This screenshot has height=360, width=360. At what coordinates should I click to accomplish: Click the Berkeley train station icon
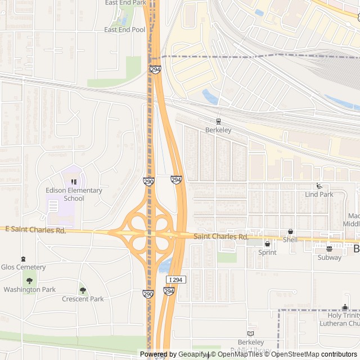tap(218, 121)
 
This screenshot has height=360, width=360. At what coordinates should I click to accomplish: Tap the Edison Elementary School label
tap(74, 194)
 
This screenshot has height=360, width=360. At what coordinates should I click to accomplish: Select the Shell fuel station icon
tap(290, 231)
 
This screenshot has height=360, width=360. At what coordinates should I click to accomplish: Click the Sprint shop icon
tap(267, 244)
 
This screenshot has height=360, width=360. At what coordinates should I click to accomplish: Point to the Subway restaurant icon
tap(330, 249)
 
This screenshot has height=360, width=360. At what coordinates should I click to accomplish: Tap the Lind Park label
tap(319, 195)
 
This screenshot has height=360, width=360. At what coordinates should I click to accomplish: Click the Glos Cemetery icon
tap(23, 259)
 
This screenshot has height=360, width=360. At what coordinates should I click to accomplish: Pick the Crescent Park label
tap(83, 299)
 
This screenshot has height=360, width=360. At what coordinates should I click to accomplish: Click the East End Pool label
tap(125, 30)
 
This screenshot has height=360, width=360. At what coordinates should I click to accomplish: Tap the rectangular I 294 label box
tap(176, 280)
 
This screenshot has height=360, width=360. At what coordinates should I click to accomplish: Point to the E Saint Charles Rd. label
tap(35, 229)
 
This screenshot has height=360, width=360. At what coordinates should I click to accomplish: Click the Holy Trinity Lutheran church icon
tap(345, 307)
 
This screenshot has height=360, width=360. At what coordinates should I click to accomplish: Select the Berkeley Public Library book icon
tap(251, 334)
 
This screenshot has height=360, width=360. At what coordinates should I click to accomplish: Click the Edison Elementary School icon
tap(74, 182)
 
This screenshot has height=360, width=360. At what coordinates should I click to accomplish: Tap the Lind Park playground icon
tap(319, 186)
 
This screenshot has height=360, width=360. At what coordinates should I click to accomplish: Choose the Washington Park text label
tap(29, 290)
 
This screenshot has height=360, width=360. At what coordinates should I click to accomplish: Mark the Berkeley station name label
tap(218, 130)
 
